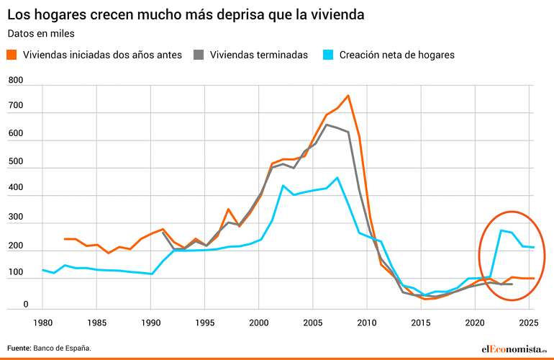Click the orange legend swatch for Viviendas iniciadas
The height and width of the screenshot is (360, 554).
pos(12,55)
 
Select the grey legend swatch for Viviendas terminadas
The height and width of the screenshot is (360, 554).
pos(199,55)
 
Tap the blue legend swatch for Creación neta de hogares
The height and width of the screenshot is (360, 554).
pos(328,55)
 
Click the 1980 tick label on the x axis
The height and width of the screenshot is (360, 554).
pos(43,321)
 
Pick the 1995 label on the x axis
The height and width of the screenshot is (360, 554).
pos(205,321)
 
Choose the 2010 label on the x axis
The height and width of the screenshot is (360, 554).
pos(367,321)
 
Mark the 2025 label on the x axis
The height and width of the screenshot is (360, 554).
pos(529,321)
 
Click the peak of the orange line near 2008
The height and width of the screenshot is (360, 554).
pos(348,95)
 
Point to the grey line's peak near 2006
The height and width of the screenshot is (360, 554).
pos(327,125)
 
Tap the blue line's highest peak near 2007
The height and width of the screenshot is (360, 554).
pos(337,177)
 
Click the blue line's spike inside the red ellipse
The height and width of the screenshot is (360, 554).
pos(501,230)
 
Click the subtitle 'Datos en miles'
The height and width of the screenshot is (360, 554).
pos(41,33)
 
